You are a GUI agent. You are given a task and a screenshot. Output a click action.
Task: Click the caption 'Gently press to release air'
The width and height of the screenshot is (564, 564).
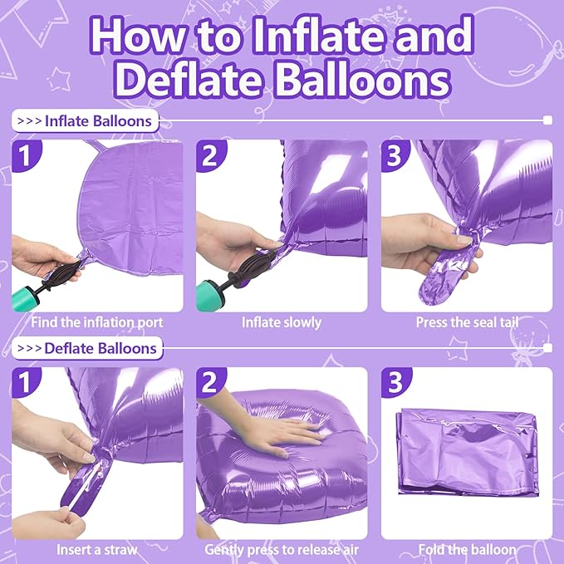282,549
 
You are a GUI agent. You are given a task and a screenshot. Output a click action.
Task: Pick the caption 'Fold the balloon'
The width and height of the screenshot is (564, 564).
466,549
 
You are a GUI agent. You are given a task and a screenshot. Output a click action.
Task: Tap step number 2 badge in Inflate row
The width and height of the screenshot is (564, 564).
211,154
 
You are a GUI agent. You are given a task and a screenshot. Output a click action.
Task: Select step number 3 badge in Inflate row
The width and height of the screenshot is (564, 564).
395,154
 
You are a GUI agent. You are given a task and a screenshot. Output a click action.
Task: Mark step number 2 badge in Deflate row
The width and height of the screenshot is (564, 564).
211,383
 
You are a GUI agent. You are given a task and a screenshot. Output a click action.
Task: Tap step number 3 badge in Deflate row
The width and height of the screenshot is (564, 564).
395,383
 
